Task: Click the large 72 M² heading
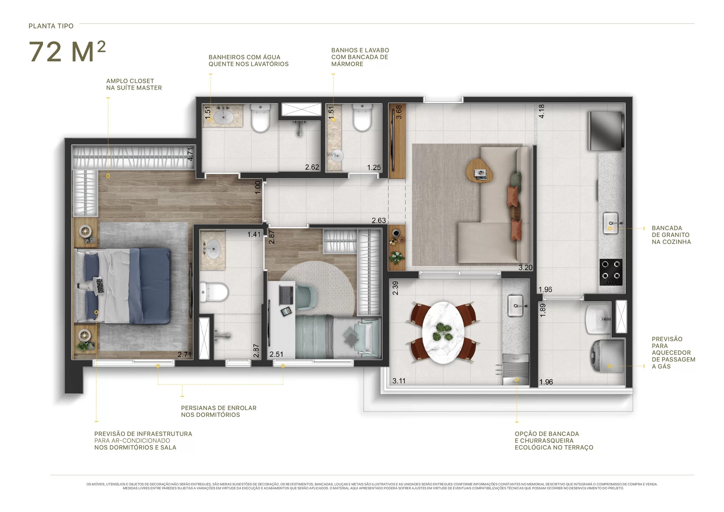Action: pyautogui.click(x=67, y=51)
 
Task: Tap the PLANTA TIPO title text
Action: pyautogui.click(x=51, y=26)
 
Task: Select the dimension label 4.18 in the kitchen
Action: pyautogui.click(x=541, y=111)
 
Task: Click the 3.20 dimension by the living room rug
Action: pyautogui.click(x=525, y=267)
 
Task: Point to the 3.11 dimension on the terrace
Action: pyautogui.click(x=399, y=381)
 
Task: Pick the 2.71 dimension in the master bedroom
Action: pyautogui.click(x=184, y=355)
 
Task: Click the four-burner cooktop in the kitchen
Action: pyautogui.click(x=611, y=272)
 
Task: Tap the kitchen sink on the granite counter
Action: pyautogui.click(x=611, y=223)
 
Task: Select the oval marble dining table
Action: pyautogui.click(x=443, y=333)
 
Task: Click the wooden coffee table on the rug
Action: pyautogui.click(x=479, y=170)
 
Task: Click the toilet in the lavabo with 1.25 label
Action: pyautogui.click(x=362, y=118)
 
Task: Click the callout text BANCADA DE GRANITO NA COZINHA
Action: pyautogui.click(x=671, y=235)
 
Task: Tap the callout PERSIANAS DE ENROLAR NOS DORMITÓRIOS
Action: pyautogui.click(x=219, y=411)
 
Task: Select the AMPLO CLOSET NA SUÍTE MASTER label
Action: pyautogui.click(x=134, y=84)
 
